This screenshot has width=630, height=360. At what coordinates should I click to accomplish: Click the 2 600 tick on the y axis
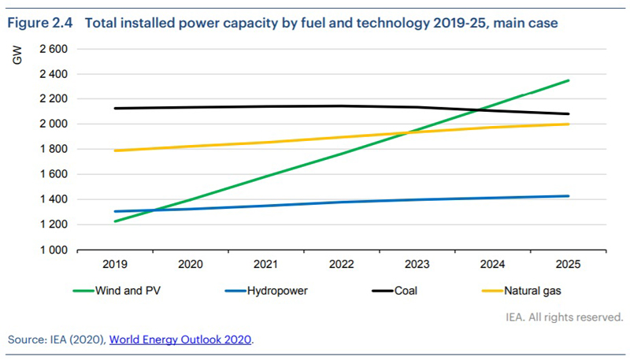54,49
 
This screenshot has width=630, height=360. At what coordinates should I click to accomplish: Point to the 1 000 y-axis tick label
54,251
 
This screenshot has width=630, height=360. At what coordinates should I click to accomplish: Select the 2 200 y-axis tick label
54,99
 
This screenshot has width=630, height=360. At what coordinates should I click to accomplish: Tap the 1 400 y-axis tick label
54,200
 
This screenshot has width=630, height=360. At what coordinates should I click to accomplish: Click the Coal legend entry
406,291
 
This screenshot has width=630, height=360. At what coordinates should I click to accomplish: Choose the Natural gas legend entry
534,291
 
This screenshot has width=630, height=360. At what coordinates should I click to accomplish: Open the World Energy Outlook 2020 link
181,340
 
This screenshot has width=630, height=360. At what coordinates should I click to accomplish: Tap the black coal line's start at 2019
115,108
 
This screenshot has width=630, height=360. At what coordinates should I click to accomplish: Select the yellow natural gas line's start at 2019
115,150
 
